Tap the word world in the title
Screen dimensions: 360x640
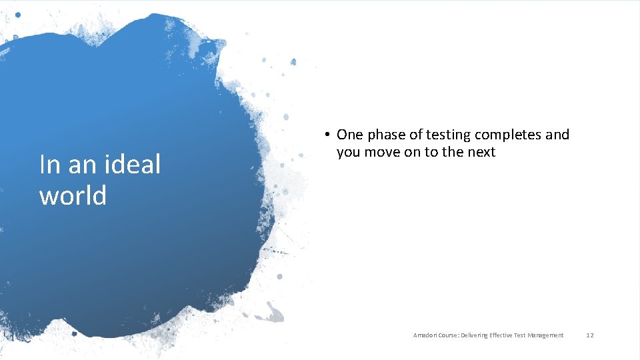click(x=73, y=195)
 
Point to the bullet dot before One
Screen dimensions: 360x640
click(x=328, y=135)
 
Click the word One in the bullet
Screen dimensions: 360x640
click(x=350, y=135)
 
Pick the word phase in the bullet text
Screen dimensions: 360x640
click(x=386, y=135)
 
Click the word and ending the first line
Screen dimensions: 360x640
click(x=557, y=135)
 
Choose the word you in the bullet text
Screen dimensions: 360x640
click(x=349, y=153)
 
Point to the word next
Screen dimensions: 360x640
click(x=480, y=152)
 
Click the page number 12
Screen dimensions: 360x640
click(x=589, y=335)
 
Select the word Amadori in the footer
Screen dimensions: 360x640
click(x=424, y=335)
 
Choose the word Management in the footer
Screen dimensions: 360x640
click(x=546, y=335)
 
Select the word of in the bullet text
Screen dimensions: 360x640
click(x=415, y=135)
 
